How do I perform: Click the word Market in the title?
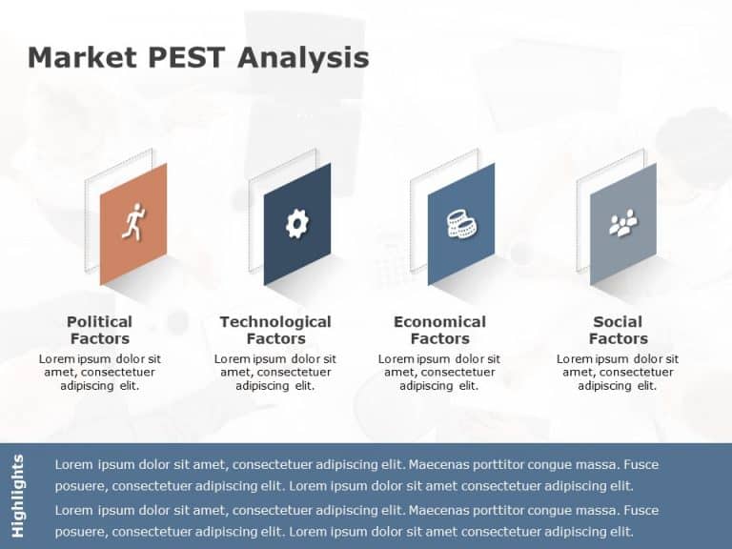pyautogui.click(x=81, y=58)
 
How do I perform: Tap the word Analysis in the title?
pyautogui.click(x=302, y=58)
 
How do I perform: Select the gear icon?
pyautogui.click(x=297, y=224)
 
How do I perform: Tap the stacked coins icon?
pyautogui.click(x=461, y=225)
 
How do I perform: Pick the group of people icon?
pyautogui.click(x=623, y=225)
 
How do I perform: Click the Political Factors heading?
pyautogui.click(x=100, y=330)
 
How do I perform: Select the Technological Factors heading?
pyautogui.click(x=275, y=330)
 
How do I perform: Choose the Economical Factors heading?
pyautogui.click(x=439, y=330)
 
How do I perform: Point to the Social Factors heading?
pyautogui.click(x=618, y=330)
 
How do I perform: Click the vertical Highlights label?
pyautogui.click(x=18, y=496)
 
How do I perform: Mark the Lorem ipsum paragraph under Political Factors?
pyautogui.click(x=100, y=373)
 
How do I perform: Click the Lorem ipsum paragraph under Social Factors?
pyautogui.click(x=618, y=373)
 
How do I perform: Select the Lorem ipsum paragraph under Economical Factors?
pyautogui.click(x=439, y=373)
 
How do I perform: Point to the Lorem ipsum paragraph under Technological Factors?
pyautogui.click(x=275, y=373)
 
